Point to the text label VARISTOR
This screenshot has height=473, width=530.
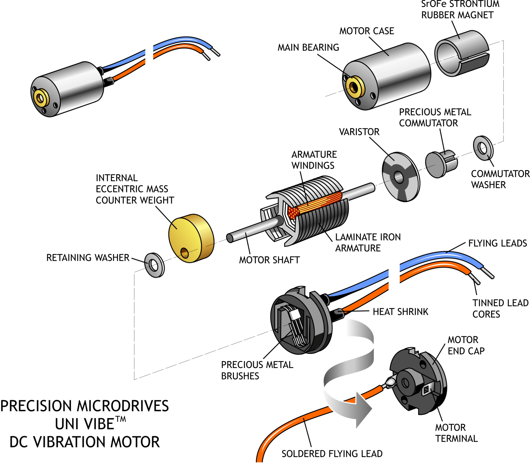coord(359,132)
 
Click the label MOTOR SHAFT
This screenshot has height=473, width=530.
coord(269,260)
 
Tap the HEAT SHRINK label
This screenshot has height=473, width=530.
coord(400,312)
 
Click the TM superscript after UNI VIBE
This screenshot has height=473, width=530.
coord(121,419)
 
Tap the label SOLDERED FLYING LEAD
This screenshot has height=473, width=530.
coord(332,454)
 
